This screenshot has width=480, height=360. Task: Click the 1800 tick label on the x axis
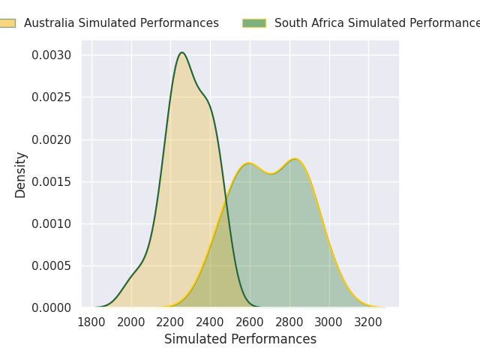(91, 322)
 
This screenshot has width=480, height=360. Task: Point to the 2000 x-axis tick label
(131, 322)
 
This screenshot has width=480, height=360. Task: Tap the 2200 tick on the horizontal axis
(170, 322)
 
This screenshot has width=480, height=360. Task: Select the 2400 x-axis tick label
(210, 322)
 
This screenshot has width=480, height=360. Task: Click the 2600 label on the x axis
(250, 322)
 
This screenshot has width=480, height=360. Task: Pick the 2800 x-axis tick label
(289, 322)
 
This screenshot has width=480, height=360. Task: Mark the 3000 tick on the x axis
(328, 322)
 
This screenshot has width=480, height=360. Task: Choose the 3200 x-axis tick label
(368, 322)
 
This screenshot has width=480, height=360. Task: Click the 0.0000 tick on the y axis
(51, 307)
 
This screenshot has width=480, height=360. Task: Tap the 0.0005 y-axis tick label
(51, 265)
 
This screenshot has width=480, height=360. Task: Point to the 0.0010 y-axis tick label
(51, 223)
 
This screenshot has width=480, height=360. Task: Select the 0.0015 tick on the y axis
(51, 181)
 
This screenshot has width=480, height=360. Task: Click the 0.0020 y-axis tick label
(51, 139)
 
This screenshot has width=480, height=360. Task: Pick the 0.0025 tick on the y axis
(51, 97)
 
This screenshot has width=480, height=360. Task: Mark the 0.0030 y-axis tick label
(51, 55)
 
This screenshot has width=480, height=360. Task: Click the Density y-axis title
(20, 174)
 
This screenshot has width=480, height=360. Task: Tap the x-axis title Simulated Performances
(240, 339)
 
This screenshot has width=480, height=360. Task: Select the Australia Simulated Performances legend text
(121, 23)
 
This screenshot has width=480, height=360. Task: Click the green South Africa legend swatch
(254, 23)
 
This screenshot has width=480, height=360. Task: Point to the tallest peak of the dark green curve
(182, 52)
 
